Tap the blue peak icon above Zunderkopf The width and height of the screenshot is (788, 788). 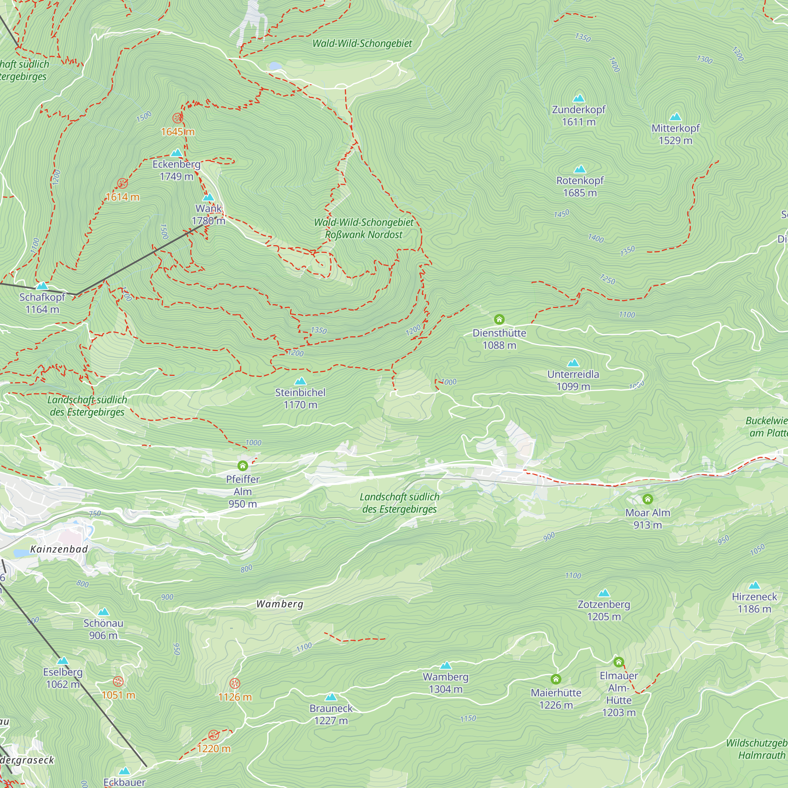[579, 98]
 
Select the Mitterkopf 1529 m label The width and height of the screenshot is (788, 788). [675, 134]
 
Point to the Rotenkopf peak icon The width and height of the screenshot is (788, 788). [580, 169]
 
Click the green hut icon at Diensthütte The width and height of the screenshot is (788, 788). [499, 320]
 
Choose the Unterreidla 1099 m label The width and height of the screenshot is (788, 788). [573, 380]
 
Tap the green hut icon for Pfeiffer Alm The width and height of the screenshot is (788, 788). [243, 466]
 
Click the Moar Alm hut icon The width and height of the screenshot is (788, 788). [648, 499]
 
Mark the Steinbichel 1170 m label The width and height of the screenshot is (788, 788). [300, 398]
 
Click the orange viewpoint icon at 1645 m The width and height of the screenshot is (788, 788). [177, 118]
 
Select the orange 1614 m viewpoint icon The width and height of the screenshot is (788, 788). [123, 183]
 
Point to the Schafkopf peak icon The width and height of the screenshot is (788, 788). [42, 286]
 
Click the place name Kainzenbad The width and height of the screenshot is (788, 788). [59, 549]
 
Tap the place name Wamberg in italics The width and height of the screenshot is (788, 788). [280, 604]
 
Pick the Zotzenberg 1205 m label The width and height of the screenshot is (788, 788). [604, 610]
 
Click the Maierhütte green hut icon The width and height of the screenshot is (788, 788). [556, 679]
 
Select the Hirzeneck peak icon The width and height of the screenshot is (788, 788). [754, 586]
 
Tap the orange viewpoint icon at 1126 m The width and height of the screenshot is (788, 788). [234, 684]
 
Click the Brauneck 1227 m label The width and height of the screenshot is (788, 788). [331, 714]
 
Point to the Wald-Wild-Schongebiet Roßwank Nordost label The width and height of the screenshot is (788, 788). [363, 229]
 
